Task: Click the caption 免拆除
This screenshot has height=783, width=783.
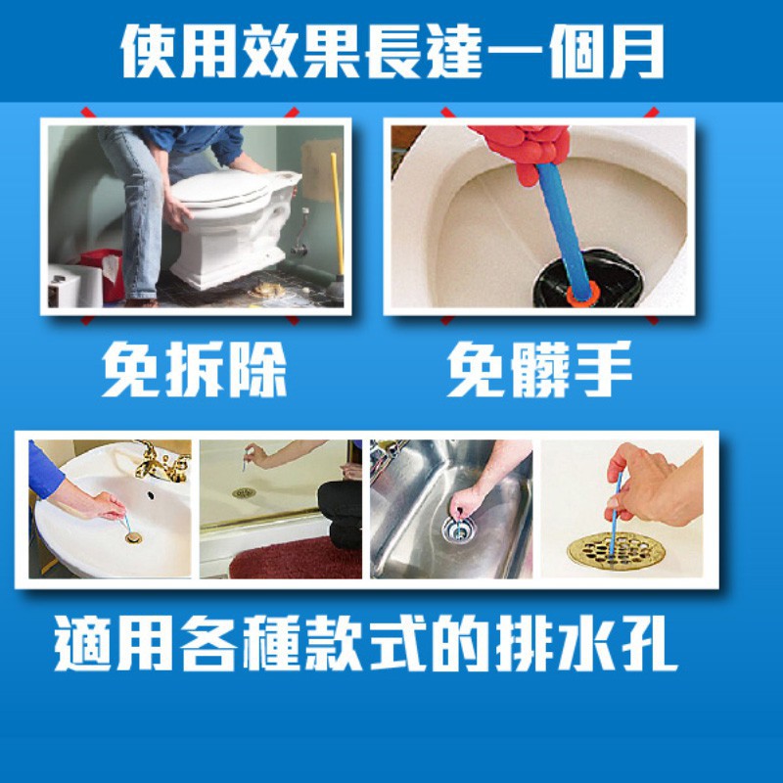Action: click(x=194, y=369)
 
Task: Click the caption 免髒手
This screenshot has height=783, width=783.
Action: click(x=539, y=369)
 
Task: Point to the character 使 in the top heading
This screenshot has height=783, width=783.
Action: click(x=149, y=52)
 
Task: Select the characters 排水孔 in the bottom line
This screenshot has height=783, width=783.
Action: click(x=585, y=643)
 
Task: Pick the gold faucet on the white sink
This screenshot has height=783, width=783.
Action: click(x=161, y=461)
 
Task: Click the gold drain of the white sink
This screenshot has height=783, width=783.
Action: click(x=133, y=537)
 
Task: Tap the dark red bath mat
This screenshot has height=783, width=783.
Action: click(x=296, y=558)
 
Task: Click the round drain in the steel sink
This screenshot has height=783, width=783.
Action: click(x=458, y=530)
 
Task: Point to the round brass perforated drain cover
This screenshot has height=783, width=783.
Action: click(x=617, y=550)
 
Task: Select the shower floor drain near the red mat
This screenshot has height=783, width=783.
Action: click(x=244, y=493)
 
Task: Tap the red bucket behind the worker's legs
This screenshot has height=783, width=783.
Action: click(x=103, y=275)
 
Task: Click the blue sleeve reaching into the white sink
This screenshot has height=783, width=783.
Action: click(x=44, y=471)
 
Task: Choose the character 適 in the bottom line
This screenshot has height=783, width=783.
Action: click(x=82, y=643)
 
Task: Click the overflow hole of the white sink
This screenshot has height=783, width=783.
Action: click(x=151, y=496)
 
